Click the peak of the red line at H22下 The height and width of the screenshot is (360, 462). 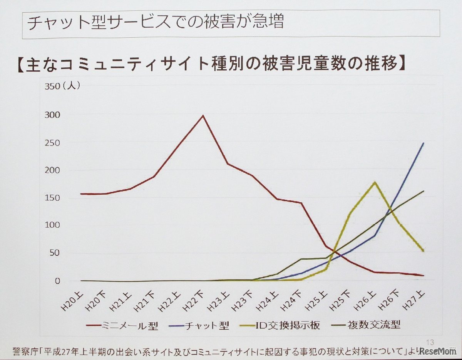coord(203,115)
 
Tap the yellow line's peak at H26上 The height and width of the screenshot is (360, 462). coord(374,182)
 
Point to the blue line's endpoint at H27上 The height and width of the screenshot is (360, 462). coord(423,143)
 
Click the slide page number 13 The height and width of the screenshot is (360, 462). coord(430,341)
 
